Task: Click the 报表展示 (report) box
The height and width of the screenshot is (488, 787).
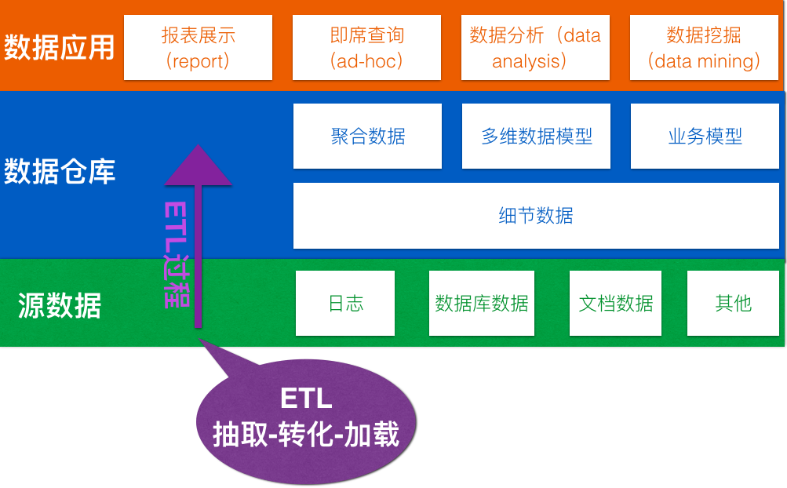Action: pos(198,47)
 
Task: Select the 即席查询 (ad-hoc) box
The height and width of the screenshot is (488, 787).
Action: pos(366,47)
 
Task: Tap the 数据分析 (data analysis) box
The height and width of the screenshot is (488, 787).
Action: pos(535,47)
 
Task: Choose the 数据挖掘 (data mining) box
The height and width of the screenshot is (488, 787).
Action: pos(704,47)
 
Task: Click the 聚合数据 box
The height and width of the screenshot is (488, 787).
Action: pos(367,136)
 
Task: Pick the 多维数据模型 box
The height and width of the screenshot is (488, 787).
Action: pos(536,136)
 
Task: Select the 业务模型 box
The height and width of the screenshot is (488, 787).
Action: pos(705,136)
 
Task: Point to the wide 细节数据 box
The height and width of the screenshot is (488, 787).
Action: pos(536,216)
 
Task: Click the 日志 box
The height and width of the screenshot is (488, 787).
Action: pos(345,304)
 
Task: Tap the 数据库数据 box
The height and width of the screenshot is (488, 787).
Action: pos(481,304)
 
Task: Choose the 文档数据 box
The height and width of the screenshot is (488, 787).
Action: pos(615,304)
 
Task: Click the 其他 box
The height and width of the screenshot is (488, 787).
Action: pos(733,304)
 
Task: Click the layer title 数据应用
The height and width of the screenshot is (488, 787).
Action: pos(59,48)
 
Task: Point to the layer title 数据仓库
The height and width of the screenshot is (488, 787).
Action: pos(59,171)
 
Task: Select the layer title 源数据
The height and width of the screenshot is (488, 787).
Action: pos(59,305)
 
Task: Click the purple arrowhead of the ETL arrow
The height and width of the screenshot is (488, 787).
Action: pos(199,166)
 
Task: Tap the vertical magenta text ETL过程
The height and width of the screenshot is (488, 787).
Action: pos(177,254)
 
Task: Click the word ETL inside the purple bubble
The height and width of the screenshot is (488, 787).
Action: pos(306,399)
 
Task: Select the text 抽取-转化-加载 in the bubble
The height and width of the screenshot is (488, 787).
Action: pos(306,435)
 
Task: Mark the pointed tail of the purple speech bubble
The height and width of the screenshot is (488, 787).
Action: pos(199,339)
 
